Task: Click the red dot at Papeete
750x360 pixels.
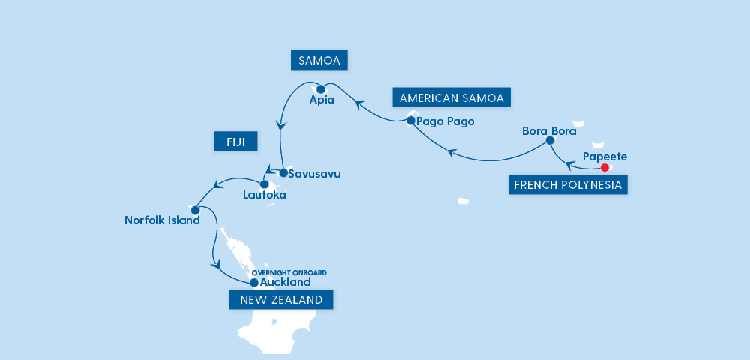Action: [x=604, y=168]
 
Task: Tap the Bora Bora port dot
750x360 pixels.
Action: [x=550, y=140]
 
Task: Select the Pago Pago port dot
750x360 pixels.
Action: [x=411, y=120]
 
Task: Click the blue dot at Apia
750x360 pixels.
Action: [x=321, y=89]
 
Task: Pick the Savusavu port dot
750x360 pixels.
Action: [x=283, y=173]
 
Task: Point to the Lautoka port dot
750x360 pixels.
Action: [x=264, y=184]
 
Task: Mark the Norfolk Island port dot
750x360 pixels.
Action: [x=195, y=210]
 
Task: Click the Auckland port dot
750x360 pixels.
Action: [x=253, y=283]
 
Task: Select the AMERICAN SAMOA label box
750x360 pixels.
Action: [x=451, y=98]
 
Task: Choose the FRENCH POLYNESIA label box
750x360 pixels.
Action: [x=568, y=184]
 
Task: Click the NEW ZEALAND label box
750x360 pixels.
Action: [x=281, y=300]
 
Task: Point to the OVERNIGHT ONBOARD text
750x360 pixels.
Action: [x=289, y=273]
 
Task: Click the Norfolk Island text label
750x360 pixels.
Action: [x=163, y=221]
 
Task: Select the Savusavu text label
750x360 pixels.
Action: [x=315, y=174]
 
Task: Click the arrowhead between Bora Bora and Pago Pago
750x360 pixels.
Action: [x=451, y=154]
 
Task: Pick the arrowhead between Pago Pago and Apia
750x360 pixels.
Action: [x=360, y=103]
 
